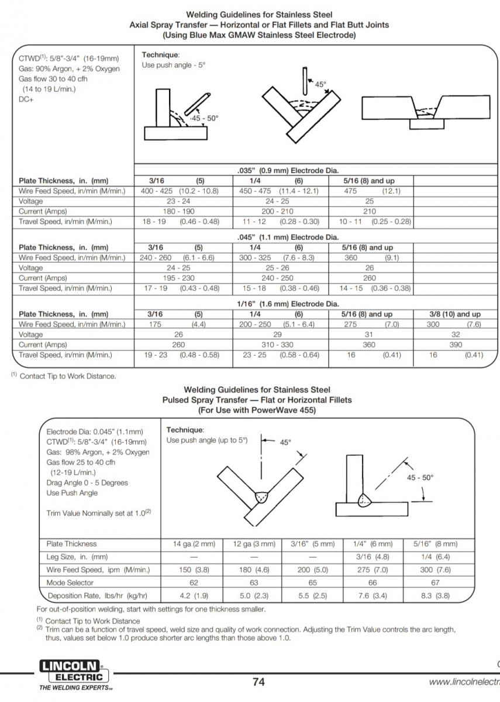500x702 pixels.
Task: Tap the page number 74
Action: (x=258, y=682)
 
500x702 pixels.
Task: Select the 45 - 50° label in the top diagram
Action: (x=204, y=118)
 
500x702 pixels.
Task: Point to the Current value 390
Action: (x=456, y=345)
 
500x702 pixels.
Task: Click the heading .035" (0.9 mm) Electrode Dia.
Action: (x=288, y=170)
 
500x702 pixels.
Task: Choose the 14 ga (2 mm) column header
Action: (x=194, y=544)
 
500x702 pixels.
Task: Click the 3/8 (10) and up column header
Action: (x=456, y=314)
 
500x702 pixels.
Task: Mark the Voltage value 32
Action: (x=456, y=335)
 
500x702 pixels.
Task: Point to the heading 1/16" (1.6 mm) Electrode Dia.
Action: (x=288, y=304)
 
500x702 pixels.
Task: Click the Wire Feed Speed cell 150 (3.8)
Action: (x=194, y=570)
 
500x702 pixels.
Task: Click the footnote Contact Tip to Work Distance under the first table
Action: (x=67, y=376)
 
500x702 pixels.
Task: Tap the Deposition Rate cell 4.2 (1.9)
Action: (x=194, y=596)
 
